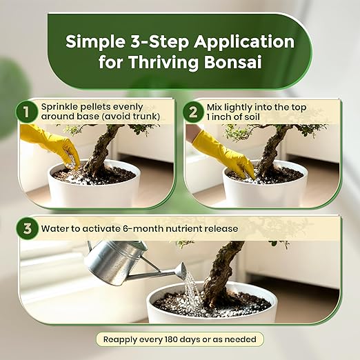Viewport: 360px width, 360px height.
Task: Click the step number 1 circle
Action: [27, 112]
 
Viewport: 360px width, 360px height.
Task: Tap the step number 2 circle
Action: [193, 112]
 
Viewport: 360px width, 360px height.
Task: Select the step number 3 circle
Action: [28, 229]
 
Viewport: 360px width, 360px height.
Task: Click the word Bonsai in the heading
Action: [233, 61]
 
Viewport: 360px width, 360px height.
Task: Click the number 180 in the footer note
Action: [171, 339]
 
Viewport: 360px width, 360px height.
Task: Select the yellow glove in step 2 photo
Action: [223, 153]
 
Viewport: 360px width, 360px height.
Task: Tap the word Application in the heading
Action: [244, 43]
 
